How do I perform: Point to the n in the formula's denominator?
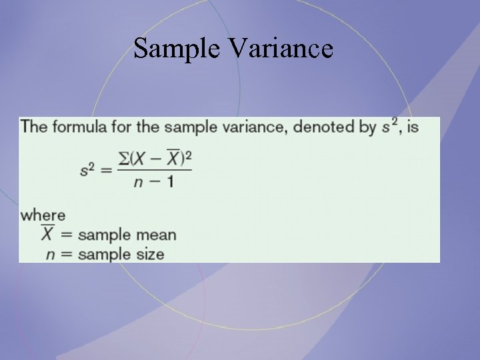click(139, 182)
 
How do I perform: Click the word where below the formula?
click(43, 215)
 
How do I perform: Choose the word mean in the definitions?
click(155, 235)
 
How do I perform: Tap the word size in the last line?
click(151, 254)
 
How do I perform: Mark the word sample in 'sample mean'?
click(103, 235)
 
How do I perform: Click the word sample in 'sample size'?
click(103, 254)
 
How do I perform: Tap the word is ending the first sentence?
click(413, 127)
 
